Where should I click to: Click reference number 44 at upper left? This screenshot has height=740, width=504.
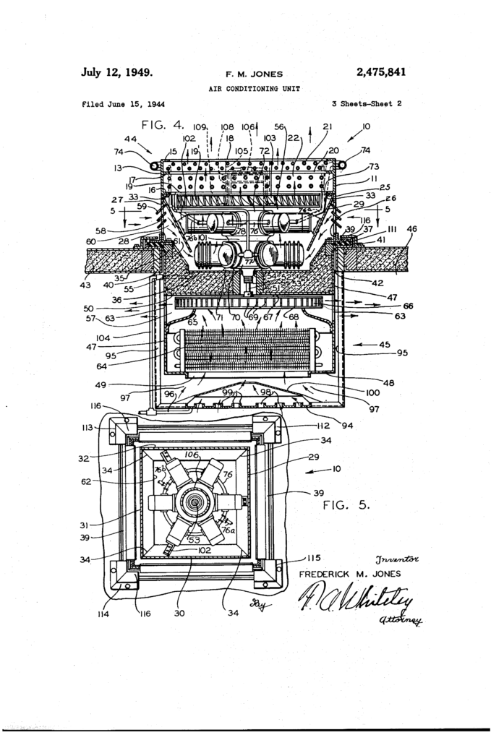(131, 138)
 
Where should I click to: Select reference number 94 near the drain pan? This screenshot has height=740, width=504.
(347, 426)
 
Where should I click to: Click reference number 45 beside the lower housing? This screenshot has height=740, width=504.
(383, 344)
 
